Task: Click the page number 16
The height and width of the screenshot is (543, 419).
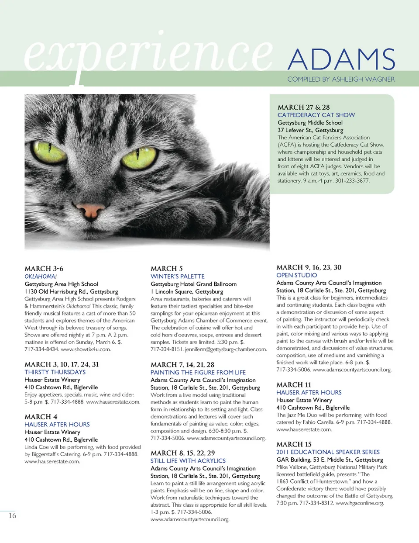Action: [x=12, y=515]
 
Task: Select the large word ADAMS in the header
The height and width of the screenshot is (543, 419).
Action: [x=341, y=59]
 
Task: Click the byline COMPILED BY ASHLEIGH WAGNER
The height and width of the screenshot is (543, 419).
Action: [x=341, y=79]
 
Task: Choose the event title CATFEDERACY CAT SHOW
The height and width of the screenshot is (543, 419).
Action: [x=316, y=115]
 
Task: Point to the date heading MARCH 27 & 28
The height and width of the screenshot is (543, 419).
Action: [x=303, y=107]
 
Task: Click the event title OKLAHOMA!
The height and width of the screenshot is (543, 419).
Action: [x=41, y=277]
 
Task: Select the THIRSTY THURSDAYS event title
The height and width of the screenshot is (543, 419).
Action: [x=55, y=372]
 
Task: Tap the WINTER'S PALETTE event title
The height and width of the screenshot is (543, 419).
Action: [x=177, y=277]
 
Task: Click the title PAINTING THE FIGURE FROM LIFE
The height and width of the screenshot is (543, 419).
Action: [x=198, y=373]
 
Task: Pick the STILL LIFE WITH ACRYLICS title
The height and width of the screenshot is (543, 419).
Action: [x=188, y=461]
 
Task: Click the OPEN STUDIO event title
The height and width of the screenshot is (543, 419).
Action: [x=296, y=275]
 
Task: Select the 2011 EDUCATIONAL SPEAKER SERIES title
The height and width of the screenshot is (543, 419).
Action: [x=328, y=452]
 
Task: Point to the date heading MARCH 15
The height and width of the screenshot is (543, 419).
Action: [x=294, y=444]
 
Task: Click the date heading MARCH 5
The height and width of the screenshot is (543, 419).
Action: [x=166, y=269]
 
